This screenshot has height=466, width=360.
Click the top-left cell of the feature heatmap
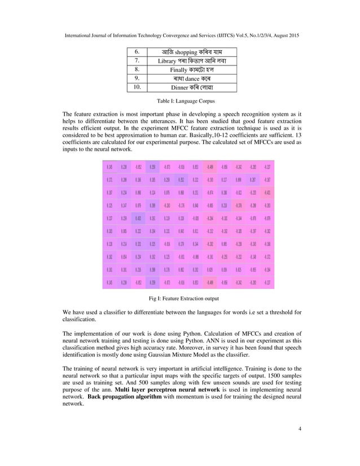(x=108, y=167)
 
